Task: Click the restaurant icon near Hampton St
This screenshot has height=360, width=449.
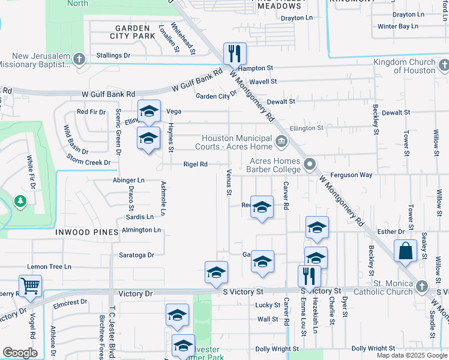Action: click(234, 53)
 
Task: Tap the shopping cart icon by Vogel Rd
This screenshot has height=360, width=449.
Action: click(30, 286)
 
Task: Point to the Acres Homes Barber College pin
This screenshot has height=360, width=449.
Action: click(310, 164)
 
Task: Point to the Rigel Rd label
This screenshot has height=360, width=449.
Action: click(195, 164)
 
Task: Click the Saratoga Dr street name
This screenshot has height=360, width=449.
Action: click(137, 255)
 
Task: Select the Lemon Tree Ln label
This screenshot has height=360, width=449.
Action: click(49, 266)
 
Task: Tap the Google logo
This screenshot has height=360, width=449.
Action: click(20, 353)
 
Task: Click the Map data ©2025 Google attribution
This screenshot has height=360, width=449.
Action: click(411, 355)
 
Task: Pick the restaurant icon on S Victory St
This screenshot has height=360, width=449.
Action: click(309, 277)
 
